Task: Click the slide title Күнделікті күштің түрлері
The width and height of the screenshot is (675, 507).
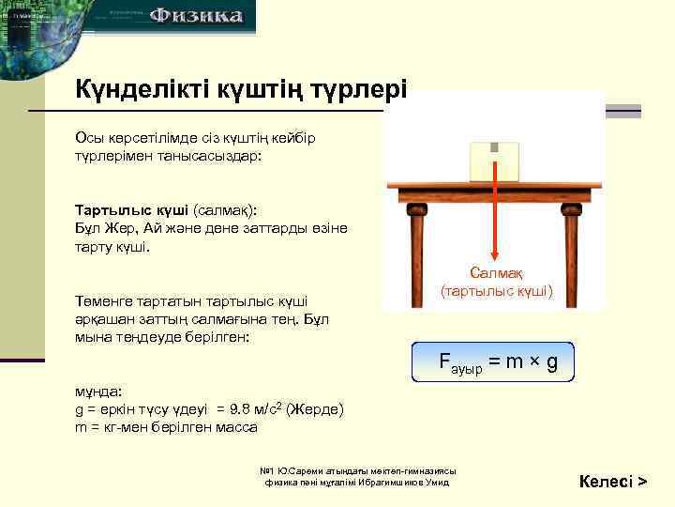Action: pos(241,90)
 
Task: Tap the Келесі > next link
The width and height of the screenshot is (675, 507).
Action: pos(613,483)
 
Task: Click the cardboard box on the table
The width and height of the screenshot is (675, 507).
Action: pos(495,161)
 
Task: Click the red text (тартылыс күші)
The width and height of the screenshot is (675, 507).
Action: pos(497,292)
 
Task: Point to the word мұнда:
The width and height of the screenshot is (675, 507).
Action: pos(97,392)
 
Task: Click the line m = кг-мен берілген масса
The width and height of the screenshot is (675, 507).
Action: pos(166,427)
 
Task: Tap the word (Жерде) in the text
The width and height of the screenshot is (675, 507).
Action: pos(316,410)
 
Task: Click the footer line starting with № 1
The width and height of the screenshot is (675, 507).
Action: pos(357,469)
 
